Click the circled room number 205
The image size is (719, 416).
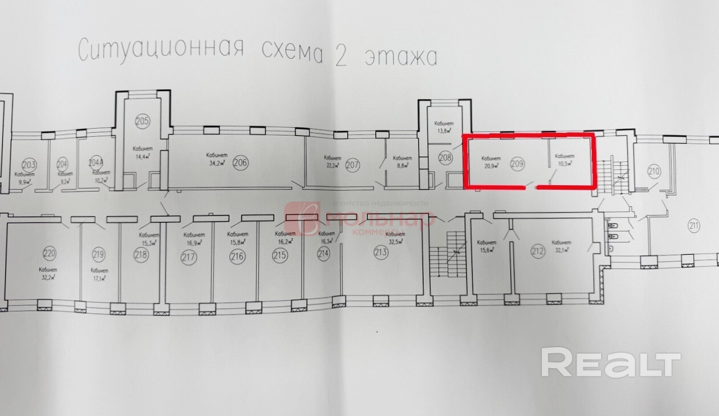pyautogui.click(x=143, y=121)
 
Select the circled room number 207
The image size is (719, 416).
pyautogui.click(x=353, y=166)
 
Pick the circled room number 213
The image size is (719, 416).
pyautogui.click(x=381, y=253)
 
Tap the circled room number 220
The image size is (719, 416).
pyautogui.click(x=50, y=252)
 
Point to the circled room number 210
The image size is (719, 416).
pyautogui.click(x=653, y=170)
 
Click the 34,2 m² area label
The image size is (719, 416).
pyautogui.click(x=216, y=162)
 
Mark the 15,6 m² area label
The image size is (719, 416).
pyautogui.click(x=486, y=249)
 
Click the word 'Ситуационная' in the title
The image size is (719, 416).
pyautogui.click(x=161, y=50)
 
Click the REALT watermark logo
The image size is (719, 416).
pyautogui.click(x=611, y=362)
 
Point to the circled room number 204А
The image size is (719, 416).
pyautogui.click(x=96, y=162)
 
